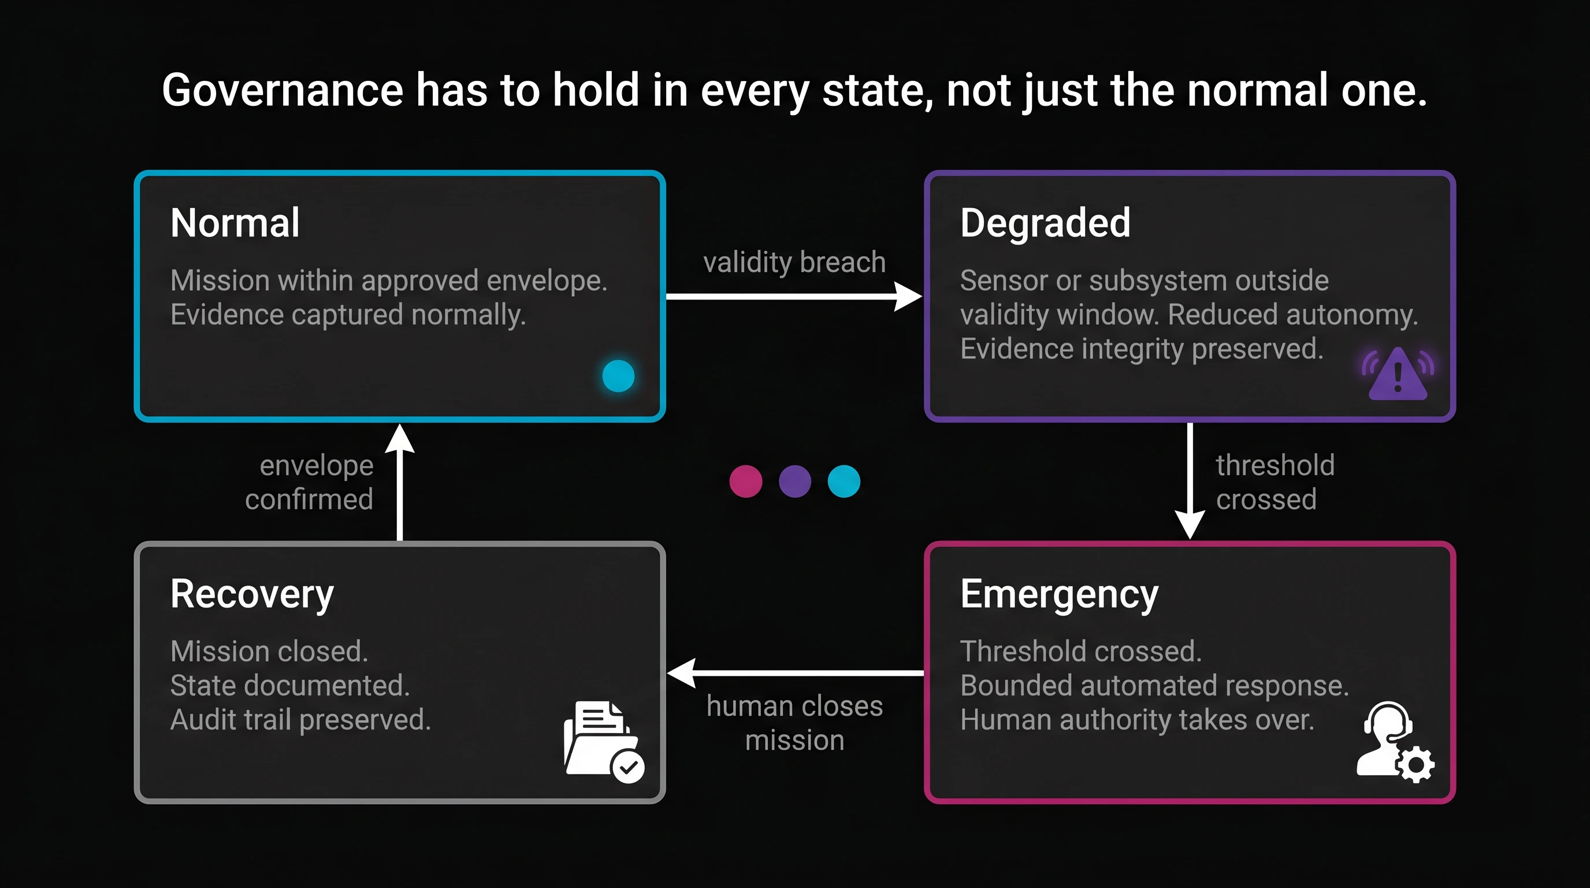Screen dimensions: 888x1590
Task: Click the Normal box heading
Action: pyautogui.click(x=235, y=223)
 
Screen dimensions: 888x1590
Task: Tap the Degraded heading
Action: pyautogui.click(x=1045, y=223)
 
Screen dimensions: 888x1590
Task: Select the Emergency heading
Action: pyautogui.click(x=1059, y=594)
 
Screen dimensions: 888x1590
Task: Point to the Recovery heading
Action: pyautogui.click(x=252, y=594)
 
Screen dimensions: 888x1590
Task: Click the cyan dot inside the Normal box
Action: pyautogui.click(x=618, y=375)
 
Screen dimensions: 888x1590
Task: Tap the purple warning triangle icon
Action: pyautogui.click(x=1398, y=374)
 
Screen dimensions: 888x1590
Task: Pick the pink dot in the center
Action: pyautogui.click(x=746, y=482)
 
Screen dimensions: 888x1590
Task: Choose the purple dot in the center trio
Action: pyautogui.click(x=795, y=482)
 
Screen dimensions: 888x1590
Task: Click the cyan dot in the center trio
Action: pyautogui.click(x=844, y=482)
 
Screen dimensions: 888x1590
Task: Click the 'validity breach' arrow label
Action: pyautogui.click(x=794, y=262)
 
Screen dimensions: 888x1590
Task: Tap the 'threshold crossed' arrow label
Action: pyautogui.click(x=1275, y=482)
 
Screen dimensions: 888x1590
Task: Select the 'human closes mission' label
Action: pyautogui.click(x=794, y=723)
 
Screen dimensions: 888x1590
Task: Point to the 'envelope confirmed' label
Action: pyautogui.click(x=310, y=482)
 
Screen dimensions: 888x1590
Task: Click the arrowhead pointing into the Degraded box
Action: pyautogui.click(x=909, y=297)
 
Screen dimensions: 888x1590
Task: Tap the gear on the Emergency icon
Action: pyautogui.click(x=1416, y=765)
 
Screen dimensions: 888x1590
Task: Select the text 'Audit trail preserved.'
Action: pyautogui.click(x=300, y=720)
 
